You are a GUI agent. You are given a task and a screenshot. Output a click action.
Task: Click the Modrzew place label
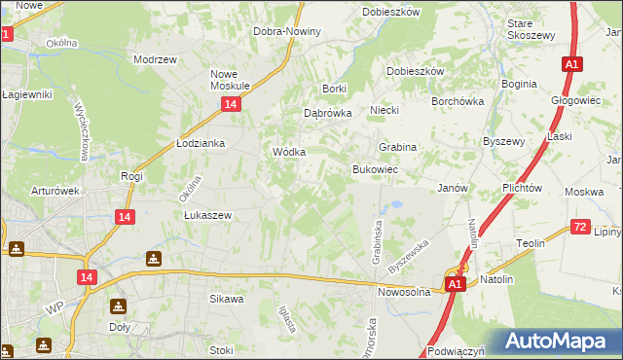click(x=156, y=59)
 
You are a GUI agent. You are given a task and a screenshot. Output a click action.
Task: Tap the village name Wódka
click(x=289, y=153)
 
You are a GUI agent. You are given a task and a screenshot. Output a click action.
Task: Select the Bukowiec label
click(x=373, y=169)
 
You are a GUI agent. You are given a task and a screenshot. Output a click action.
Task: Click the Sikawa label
click(x=226, y=299)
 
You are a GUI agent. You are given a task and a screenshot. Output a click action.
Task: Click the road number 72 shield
click(x=580, y=227)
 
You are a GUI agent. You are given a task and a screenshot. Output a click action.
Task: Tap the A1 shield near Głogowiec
click(x=571, y=64)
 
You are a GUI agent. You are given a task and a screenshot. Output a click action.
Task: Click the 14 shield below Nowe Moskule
click(x=230, y=103)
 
